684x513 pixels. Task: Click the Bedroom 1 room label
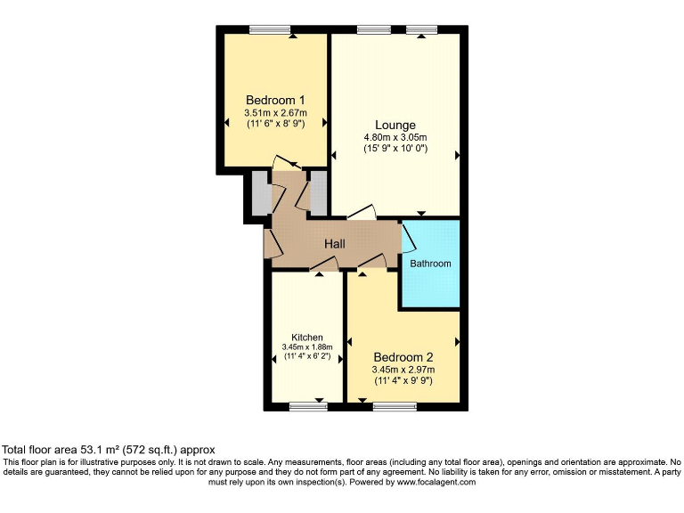pos(275,100)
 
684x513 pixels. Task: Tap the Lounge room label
pos(395,125)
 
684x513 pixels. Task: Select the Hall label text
pos(335,244)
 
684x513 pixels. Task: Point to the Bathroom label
pos(430,264)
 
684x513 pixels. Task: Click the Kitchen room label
pos(307,337)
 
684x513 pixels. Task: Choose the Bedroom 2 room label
pos(403,356)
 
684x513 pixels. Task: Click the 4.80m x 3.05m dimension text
pos(395,137)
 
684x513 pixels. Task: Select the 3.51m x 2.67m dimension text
pos(275,113)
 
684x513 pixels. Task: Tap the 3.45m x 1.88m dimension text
pos(307,346)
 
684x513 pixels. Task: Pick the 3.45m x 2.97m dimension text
pos(403,369)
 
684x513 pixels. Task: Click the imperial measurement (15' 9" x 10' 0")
pos(395,148)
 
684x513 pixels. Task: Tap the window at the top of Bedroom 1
pos(270,29)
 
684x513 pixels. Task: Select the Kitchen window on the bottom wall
pos(308,407)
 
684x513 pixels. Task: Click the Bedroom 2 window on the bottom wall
pos(394,407)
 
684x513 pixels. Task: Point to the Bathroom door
pos(409,237)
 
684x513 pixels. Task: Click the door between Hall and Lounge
pos(361,214)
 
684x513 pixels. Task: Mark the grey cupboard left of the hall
pos(259,192)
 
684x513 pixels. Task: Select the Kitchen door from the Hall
pos(322,264)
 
